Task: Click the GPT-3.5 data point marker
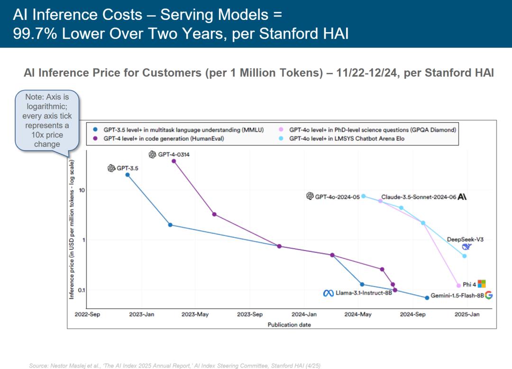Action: pyautogui.click(x=128, y=175)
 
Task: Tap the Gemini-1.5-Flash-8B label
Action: pyautogui.click(x=457, y=296)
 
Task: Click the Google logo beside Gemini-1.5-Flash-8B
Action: pyautogui.click(x=489, y=295)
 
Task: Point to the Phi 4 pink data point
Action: pyautogui.click(x=458, y=285)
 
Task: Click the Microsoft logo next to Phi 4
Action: pyautogui.click(x=482, y=284)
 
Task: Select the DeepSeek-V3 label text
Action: pyautogui.click(x=465, y=240)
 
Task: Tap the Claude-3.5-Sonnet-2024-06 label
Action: pyautogui.click(x=418, y=197)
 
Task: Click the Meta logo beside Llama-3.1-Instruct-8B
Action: pyautogui.click(x=329, y=293)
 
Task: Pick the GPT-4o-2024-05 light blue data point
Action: pyautogui.click(x=364, y=196)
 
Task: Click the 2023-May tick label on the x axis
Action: pyautogui.click(x=195, y=314)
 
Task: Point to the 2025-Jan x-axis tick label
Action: pyautogui.click(x=466, y=314)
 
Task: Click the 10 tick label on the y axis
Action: pyautogui.click(x=81, y=190)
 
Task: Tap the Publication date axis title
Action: pyautogui.click(x=289, y=324)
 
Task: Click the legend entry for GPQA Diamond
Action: pyautogui.click(x=372, y=129)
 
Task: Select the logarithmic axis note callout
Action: pyautogui.click(x=47, y=120)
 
